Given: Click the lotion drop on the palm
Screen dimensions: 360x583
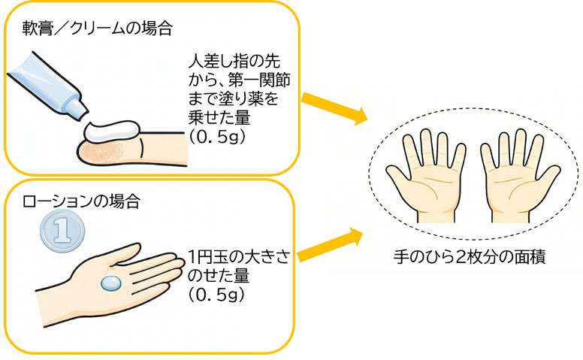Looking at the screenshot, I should (111, 283).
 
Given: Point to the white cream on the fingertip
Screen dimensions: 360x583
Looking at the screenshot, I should (112, 132).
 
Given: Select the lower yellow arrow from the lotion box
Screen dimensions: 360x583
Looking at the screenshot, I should (331, 245).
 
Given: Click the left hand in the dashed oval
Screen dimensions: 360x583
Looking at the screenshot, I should (430, 172).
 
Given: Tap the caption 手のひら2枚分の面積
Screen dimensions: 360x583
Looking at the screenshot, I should (470, 256).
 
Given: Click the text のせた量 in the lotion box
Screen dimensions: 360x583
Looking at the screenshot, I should (218, 277).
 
